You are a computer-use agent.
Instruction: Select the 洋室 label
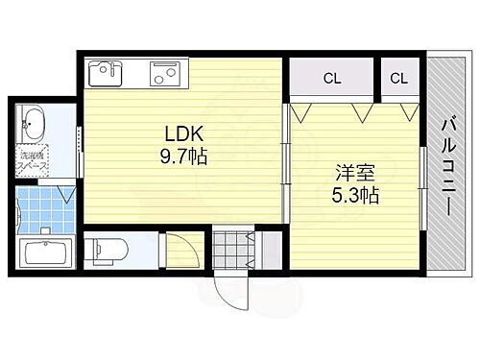click(349, 175)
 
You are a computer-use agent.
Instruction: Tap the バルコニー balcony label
click(446, 164)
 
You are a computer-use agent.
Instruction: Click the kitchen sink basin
click(105, 73)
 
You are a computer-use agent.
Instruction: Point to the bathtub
click(46, 254)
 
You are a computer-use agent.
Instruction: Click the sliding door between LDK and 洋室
click(285, 163)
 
